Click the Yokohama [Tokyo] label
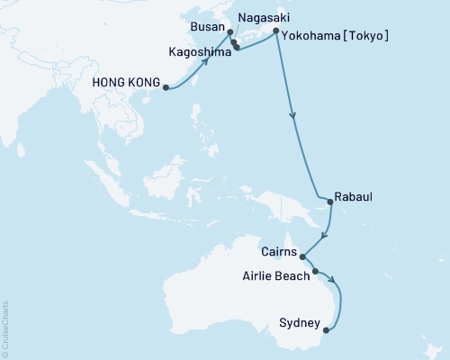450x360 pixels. (x=336, y=36)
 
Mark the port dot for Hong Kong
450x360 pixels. (x=166, y=87)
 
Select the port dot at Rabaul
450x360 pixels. (x=329, y=202)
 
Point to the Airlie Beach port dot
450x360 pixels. (x=315, y=271)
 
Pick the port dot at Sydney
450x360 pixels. (x=325, y=328)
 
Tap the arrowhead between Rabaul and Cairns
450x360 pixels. (x=324, y=236)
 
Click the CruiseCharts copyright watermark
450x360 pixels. (x=5, y=328)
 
